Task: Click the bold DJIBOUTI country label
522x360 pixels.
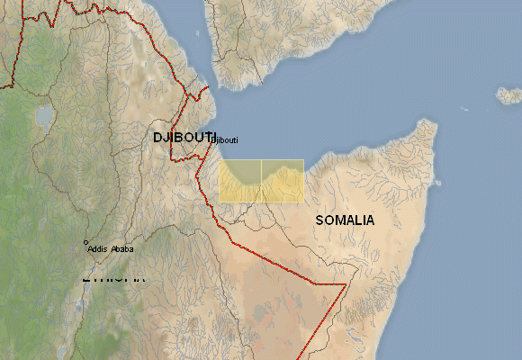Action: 184,136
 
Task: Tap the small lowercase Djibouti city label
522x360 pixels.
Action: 224,139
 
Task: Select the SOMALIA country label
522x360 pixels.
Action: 346,220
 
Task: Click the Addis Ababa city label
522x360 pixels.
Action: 111,248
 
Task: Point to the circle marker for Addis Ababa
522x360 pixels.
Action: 85,242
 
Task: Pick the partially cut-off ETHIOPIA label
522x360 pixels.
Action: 112,278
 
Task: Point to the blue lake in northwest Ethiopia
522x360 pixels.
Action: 43,115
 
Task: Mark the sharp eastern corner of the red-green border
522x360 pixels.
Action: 346,284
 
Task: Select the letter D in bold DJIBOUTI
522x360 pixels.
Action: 158,136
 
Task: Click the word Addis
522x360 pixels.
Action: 97,248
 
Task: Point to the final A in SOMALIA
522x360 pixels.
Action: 371,220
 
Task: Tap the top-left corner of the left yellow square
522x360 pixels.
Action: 220,160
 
